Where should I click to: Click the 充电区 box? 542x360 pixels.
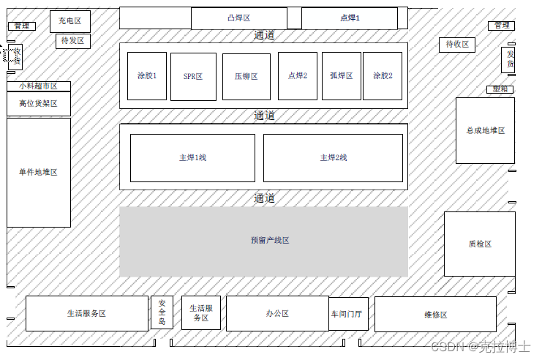[x=70, y=22]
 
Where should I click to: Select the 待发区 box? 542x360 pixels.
[x=72, y=41]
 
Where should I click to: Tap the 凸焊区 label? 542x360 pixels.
[x=238, y=18]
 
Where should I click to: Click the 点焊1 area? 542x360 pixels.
[x=350, y=18]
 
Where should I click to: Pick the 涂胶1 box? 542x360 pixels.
[x=147, y=76]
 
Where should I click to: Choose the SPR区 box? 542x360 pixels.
[x=193, y=77]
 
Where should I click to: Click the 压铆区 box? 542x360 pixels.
[x=246, y=77]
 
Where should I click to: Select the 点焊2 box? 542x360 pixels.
[x=298, y=76]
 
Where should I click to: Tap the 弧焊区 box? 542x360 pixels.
[x=341, y=76]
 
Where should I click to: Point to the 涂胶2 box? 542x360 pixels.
[x=383, y=76]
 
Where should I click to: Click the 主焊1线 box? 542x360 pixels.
[x=192, y=158]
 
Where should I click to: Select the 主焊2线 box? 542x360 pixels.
[x=333, y=158]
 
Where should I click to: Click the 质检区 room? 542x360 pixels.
[x=479, y=244]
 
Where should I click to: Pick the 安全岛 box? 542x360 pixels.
[x=162, y=312]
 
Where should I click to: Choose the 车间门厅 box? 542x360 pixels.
[x=347, y=314]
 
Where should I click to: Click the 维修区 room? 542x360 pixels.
[x=435, y=314]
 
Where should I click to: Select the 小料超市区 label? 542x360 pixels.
[x=38, y=86]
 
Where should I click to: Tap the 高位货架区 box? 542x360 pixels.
[x=38, y=104]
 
